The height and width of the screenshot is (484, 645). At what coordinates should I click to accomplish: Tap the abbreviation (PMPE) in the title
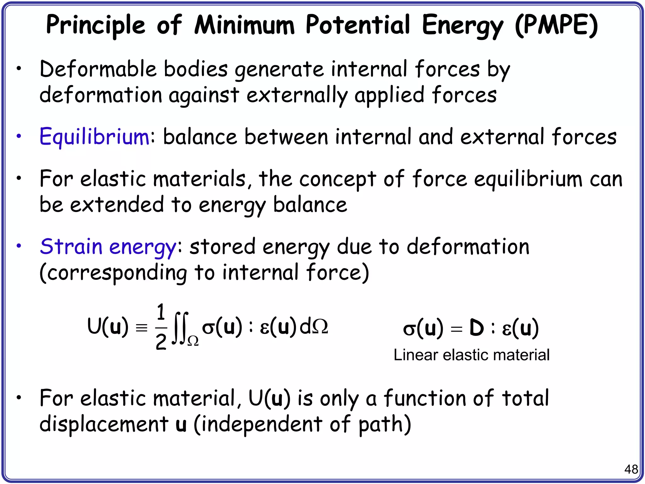(556, 25)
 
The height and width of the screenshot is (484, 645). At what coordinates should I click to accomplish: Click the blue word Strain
(71, 246)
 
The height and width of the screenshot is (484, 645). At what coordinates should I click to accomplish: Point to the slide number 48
(631, 469)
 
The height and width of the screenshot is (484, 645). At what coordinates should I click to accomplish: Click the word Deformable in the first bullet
(98, 69)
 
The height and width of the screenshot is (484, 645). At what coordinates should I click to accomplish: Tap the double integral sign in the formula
(180, 328)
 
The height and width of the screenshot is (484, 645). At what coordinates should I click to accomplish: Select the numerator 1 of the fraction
(161, 313)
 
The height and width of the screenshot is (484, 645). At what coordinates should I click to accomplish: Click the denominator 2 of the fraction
(161, 342)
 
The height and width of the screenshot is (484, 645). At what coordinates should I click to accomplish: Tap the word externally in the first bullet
(297, 95)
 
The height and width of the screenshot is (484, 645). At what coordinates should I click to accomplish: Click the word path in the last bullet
(384, 424)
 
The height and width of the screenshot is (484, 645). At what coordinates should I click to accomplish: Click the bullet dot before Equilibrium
(19, 136)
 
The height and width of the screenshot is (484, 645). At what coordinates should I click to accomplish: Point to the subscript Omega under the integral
(193, 341)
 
